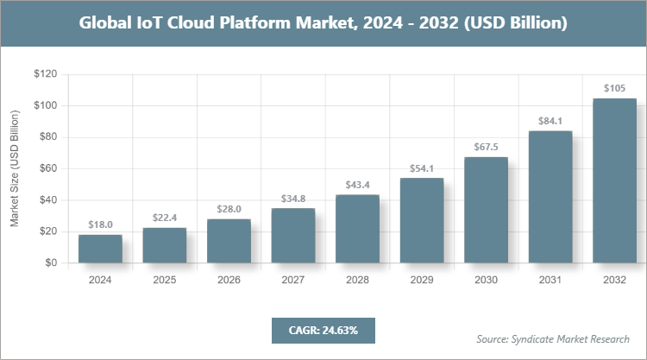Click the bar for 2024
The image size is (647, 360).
100,249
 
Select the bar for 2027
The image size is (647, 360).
293,235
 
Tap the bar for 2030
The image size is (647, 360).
486,210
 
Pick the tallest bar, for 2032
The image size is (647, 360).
614,180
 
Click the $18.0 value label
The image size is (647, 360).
100,224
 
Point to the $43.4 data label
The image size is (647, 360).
357,185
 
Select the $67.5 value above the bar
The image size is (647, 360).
486,147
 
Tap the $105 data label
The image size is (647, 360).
614,88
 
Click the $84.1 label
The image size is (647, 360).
550,121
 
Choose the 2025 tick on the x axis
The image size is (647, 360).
165,280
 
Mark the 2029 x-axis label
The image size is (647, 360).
422,280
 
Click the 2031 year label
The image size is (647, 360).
550,280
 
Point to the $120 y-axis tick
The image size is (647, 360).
45,75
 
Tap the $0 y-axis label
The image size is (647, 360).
51,263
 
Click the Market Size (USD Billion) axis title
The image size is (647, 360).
15,168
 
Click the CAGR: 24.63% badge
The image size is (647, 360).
323,330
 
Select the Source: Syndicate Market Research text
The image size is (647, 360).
553,338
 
